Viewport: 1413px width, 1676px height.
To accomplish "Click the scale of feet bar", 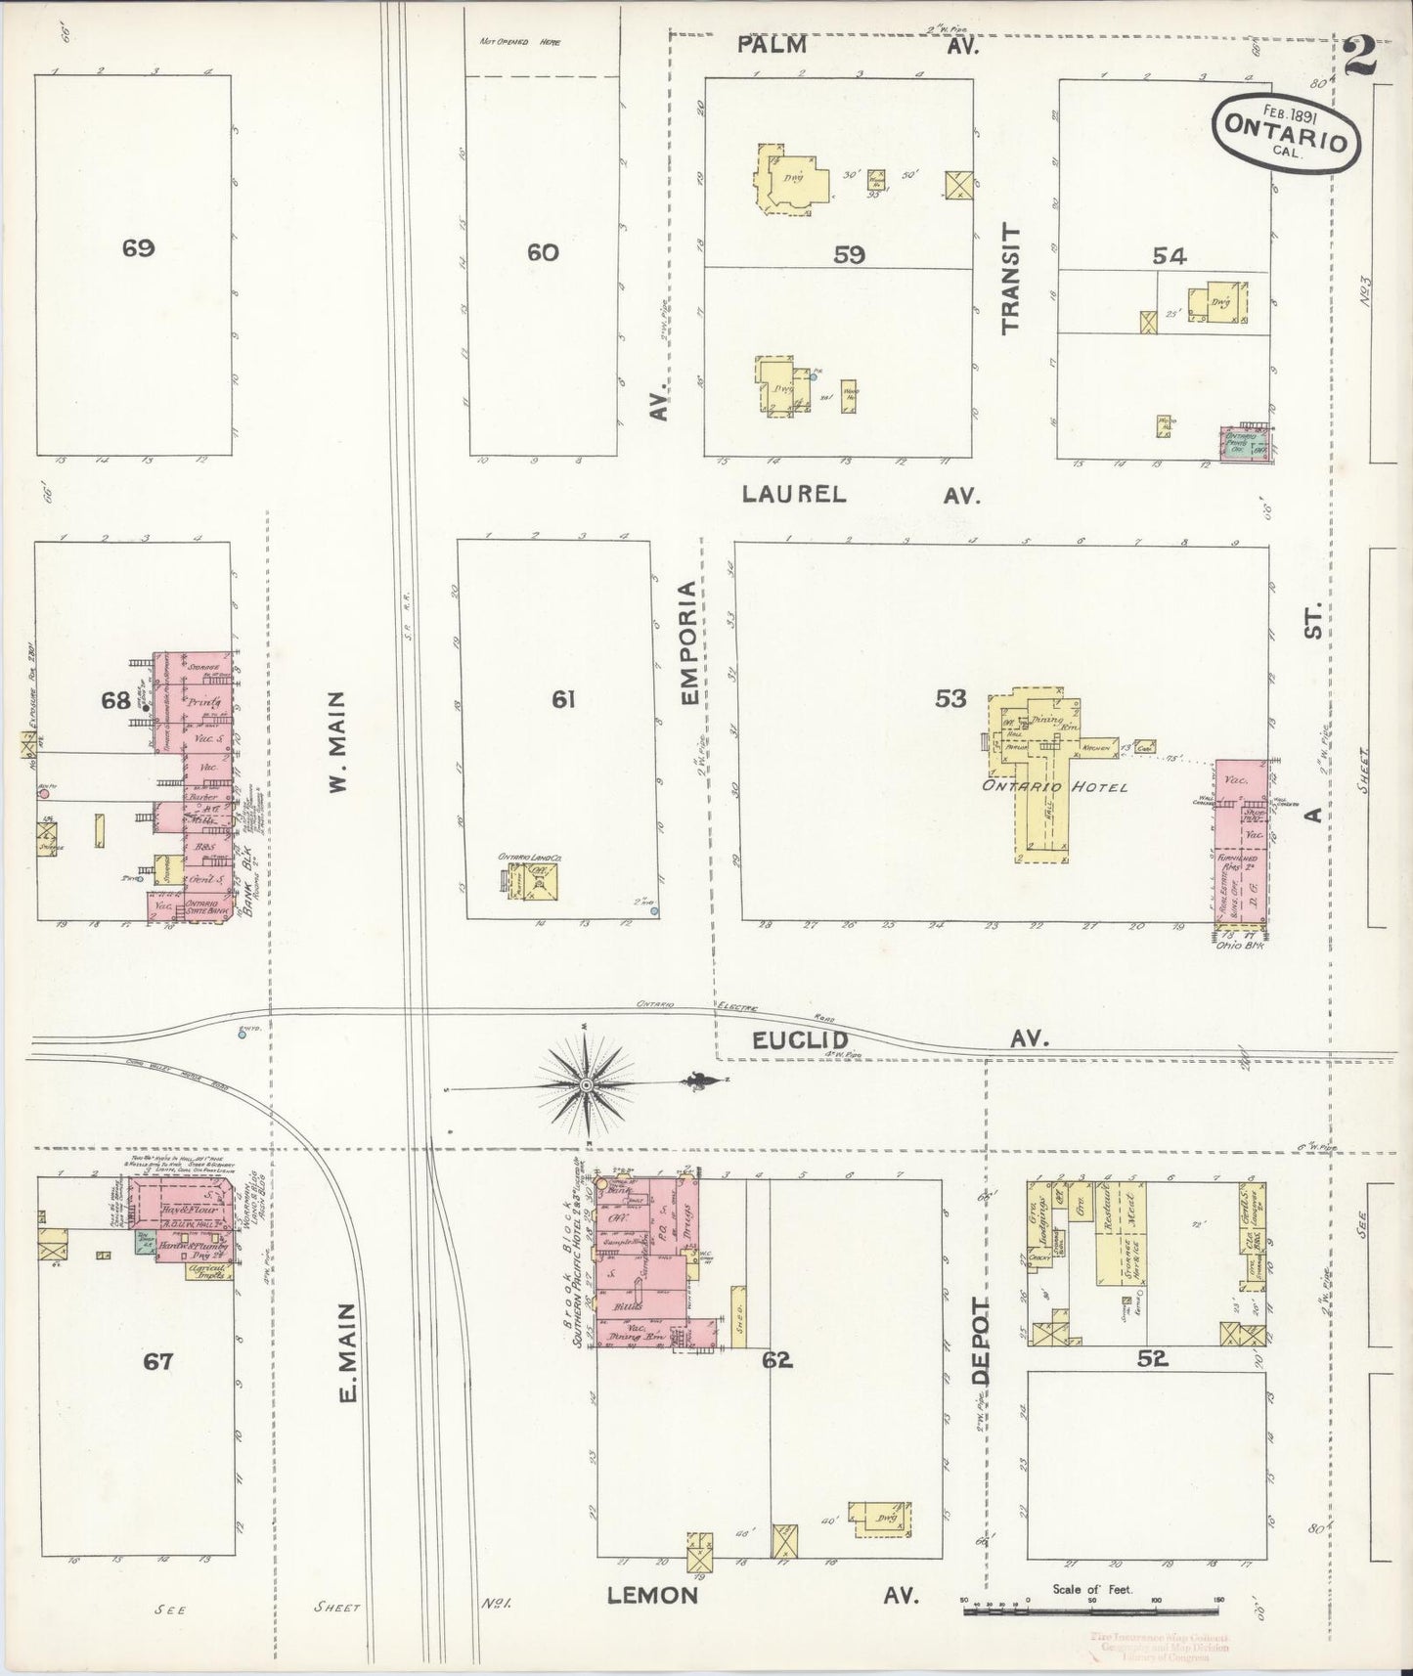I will point(1093,1607).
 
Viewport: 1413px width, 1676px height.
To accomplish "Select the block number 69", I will point(138,248).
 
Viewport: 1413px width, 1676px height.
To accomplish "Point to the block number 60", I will point(543,252).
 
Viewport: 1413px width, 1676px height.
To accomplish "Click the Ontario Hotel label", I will point(1074,787).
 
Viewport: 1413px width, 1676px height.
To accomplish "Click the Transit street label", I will point(1010,279).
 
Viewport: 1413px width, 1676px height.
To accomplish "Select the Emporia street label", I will point(689,642).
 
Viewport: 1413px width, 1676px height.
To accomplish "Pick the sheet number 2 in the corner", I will point(1359,57).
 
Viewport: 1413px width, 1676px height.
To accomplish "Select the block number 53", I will point(949,698).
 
